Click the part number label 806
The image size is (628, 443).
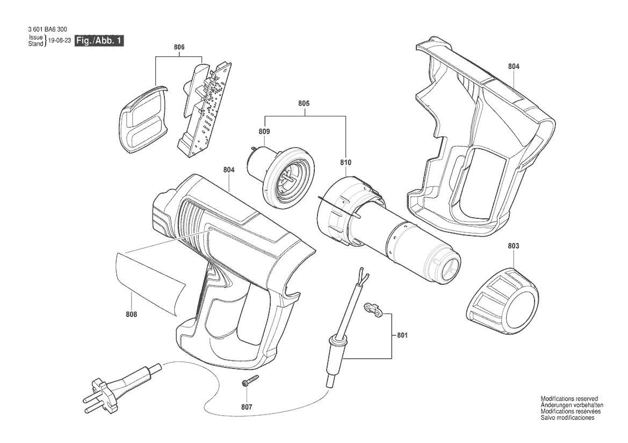pyautogui.click(x=179, y=47)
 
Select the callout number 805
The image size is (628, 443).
pyautogui.click(x=304, y=103)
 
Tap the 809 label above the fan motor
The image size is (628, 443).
pyautogui.click(x=264, y=131)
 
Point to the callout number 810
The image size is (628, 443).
pyautogui.click(x=345, y=163)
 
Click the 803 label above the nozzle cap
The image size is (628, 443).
pyautogui.click(x=514, y=246)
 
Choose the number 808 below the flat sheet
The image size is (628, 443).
pyautogui.click(x=132, y=315)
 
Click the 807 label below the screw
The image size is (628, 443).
pyautogui.click(x=247, y=408)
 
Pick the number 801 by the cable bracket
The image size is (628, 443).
pyautogui.click(x=402, y=335)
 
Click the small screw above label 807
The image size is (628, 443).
pyautogui.click(x=250, y=380)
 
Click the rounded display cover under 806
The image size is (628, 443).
pyautogui.click(x=143, y=119)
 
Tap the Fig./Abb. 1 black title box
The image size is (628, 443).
pyautogui.click(x=99, y=41)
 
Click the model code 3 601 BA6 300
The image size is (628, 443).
pyautogui.click(x=48, y=29)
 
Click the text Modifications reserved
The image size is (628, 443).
pyautogui.click(x=569, y=398)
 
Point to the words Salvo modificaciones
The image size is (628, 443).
pyautogui.click(x=567, y=417)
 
